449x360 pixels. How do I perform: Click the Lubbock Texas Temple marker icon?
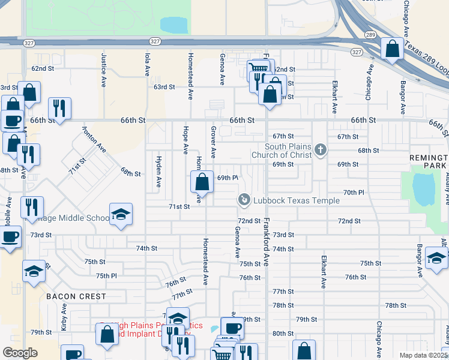[244, 199]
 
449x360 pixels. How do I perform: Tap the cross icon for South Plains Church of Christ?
[321, 150]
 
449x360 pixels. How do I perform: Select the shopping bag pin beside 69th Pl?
[203, 182]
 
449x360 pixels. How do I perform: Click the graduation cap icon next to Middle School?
[121, 215]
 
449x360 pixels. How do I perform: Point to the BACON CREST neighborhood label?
[76, 296]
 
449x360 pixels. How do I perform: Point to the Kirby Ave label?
[64, 316]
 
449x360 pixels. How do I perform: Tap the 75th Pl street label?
[106, 275]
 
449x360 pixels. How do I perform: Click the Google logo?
[20, 353]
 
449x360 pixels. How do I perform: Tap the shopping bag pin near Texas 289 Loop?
[392, 50]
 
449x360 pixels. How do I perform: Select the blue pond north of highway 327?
[174, 25]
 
